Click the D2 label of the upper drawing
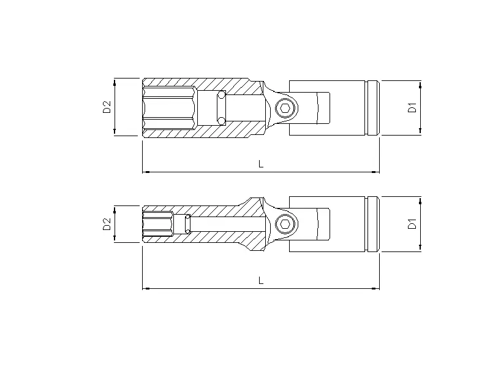[x=106, y=107]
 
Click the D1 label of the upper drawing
[x=412, y=107]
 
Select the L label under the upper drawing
[x=261, y=164]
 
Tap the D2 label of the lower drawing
[x=106, y=224]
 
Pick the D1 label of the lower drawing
[x=412, y=224]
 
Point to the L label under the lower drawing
[x=261, y=280]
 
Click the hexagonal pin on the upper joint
[x=285, y=109]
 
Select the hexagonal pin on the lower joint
[x=285, y=224]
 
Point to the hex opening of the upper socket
[x=168, y=108]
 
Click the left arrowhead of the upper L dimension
[x=145, y=172]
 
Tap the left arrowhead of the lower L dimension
[x=145, y=288]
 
